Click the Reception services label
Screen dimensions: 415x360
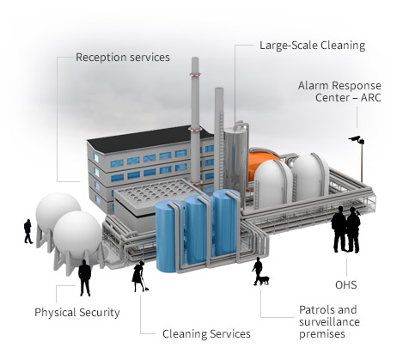(123, 58)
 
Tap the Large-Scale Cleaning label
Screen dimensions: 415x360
(312, 46)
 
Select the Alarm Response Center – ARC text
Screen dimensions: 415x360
(339, 91)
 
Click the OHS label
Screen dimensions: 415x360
(346, 285)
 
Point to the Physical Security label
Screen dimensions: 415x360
(77, 313)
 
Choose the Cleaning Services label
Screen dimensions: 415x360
(206, 334)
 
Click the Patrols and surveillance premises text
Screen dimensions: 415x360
(329, 322)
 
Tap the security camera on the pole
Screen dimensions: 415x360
(356, 139)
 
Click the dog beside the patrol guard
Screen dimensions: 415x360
(264, 280)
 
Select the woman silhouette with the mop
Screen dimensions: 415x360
(139, 277)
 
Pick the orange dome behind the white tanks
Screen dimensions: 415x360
(262, 163)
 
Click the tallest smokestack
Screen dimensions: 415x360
(195, 120)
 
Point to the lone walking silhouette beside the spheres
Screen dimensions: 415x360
(28, 231)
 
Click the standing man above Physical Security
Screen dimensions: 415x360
(85, 278)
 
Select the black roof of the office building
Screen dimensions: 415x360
(149, 139)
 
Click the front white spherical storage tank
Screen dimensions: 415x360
(77, 235)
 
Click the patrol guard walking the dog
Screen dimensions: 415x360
(258, 271)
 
